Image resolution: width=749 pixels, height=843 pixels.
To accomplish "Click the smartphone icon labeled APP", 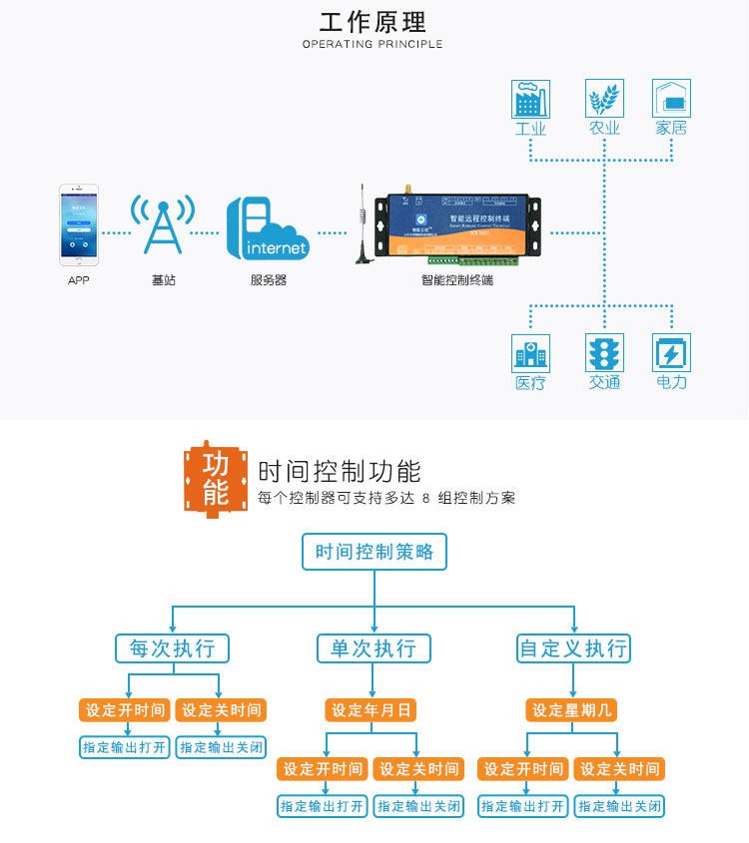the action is (x=78, y=223).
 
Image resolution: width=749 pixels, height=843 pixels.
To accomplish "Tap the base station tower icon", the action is (x=162, y=225).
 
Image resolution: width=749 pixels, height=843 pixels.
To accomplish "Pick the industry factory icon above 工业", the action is (x=530, y=99).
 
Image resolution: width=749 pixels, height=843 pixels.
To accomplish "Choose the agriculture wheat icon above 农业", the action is (x=604, y=99).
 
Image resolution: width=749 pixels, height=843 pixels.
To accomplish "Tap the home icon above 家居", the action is (x=671, y=99).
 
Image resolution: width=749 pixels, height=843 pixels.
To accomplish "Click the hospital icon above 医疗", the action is (x=530, y=353).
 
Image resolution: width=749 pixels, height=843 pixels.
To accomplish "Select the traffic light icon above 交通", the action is (x=604, y=353).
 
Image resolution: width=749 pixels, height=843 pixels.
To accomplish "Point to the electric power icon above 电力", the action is (x=671, y=353).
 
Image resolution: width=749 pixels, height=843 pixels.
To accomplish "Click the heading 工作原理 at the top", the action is (x=373, y=22).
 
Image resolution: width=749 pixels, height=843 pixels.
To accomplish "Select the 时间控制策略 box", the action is (x=374, y=552).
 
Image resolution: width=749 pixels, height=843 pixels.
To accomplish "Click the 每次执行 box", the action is (x=173, y=648).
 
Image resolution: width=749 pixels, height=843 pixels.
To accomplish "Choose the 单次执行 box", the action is (x=373, y=648).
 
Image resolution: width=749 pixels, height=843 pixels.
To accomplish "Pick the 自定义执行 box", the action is (x=573, y=648).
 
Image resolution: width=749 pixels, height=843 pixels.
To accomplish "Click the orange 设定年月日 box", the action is (x=372, y=710).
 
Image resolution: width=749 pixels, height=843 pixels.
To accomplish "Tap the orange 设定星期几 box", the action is (x=572, y=710).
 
